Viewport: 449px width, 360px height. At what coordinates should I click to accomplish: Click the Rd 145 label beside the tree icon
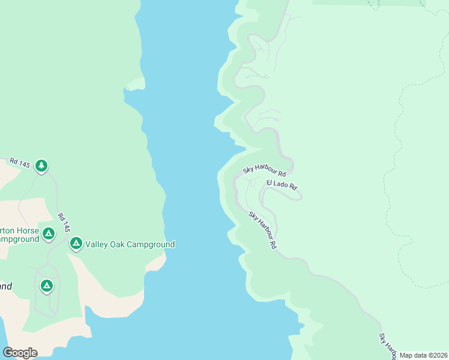[20, 162]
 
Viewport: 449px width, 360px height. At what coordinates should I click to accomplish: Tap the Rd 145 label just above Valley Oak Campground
[64, 223]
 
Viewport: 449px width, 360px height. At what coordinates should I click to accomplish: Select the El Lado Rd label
[282, 184]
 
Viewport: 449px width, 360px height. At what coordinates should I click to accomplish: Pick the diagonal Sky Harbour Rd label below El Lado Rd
[263, 230]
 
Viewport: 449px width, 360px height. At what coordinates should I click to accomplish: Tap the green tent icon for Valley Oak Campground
[76, 243]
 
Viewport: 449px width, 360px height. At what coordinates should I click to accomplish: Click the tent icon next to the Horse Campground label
[49, 233]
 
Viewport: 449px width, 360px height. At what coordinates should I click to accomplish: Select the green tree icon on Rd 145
[41, 165]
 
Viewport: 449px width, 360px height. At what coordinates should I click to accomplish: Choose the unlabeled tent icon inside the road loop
[47, 285]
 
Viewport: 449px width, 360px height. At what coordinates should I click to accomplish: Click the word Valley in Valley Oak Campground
[97, 244]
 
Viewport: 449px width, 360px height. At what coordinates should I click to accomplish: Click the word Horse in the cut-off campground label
[28, 231]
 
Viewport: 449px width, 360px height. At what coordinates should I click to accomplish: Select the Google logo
[20, 352]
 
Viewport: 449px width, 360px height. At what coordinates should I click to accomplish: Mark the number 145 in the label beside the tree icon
[24, 163]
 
